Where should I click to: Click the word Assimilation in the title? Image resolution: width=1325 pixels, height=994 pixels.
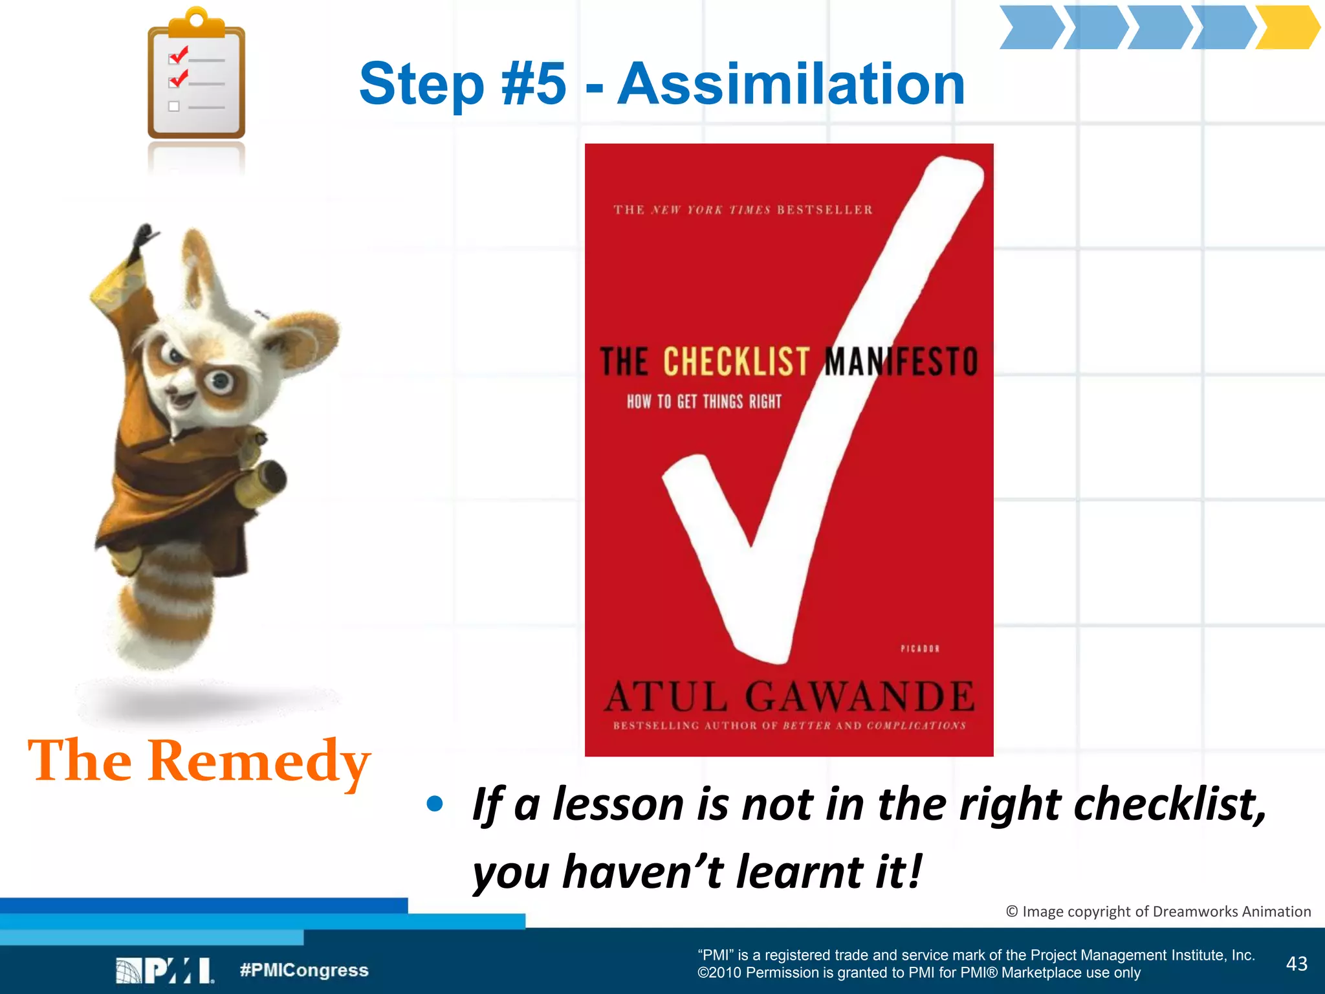(x=791, y=84)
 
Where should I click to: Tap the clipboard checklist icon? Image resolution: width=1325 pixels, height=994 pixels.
(x=196, y=76)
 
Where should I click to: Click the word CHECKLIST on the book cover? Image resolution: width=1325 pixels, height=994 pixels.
(x=736, y=361)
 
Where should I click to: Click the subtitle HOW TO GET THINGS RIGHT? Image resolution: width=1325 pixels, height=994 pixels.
(x=704, y=402)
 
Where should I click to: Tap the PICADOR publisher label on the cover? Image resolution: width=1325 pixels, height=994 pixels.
(x=919, y=648)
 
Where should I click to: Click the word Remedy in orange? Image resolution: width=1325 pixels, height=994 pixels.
(x=259, y=761)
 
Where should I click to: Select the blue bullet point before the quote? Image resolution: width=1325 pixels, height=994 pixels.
(x=435, y=804)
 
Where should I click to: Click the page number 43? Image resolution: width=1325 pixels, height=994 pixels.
(x=1297, y=964)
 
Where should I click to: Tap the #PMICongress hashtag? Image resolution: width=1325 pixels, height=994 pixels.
(x=304, y=970)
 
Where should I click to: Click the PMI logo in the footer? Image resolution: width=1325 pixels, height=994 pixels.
(x=164, y=970)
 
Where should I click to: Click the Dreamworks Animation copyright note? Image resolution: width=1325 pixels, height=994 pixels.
(x=1158, y=911)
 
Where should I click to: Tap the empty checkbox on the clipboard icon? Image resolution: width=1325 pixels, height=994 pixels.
(x=173, y=106)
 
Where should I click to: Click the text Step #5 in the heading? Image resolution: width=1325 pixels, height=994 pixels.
(x=463, y=84)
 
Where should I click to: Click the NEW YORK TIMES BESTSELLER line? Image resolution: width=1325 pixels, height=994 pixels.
(x=743, y=210)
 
